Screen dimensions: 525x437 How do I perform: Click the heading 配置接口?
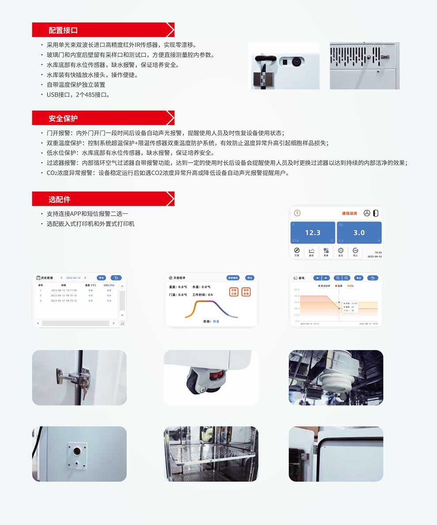pyautogui.click(x=63, y=30)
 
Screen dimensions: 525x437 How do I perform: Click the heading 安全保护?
pyautogui.click(x=63, y=118)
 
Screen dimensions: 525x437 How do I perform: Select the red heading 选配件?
pyautogui.click(x=59, y=199)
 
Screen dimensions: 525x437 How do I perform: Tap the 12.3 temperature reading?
pyautogui.click(x=313, y=232)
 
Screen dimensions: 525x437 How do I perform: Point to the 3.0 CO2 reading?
pyautogui.click(x=359, y=232)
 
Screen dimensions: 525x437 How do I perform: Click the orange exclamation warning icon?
pyautogui.click(x=297, y=213)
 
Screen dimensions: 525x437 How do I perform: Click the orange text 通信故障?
pyautogui.click(x=349, y=213)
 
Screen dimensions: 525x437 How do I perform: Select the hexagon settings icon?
pyautogui.click(x=340, y=251)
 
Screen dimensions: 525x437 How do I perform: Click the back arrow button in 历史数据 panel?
pyautogui.click(x=116, y=278)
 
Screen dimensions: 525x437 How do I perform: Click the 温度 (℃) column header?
pyautogui.click(x=90, y=285)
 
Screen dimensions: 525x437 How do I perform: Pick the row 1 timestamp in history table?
pyautogui.click(x=64, y=290)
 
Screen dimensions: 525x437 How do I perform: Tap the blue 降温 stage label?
pyautogui.click(x=216, y=322)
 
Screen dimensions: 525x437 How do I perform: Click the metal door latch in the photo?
pyautogui.click(x=70, y=378)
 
